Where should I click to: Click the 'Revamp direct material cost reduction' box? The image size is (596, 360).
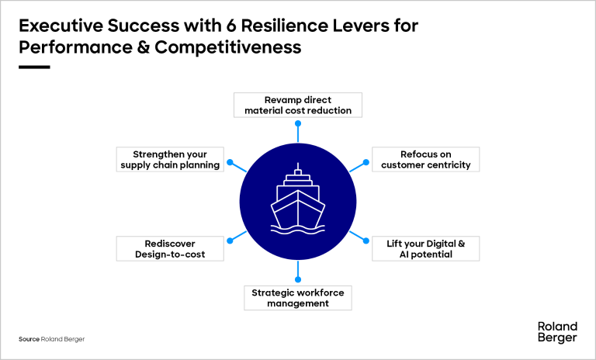298,105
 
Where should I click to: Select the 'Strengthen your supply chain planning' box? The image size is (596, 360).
170,159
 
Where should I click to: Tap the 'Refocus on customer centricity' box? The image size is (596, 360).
425,159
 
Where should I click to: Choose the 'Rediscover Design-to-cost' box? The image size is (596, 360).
170,248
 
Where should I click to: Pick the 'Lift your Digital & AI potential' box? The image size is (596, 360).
425,248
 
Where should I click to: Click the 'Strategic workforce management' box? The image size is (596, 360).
298,297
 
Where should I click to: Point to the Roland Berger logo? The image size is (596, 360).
556,332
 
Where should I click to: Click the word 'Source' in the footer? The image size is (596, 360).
29,340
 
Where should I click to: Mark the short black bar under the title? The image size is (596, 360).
34,67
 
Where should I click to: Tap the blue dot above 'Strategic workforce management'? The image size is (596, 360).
298,278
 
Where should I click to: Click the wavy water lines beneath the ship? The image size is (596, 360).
298,228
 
